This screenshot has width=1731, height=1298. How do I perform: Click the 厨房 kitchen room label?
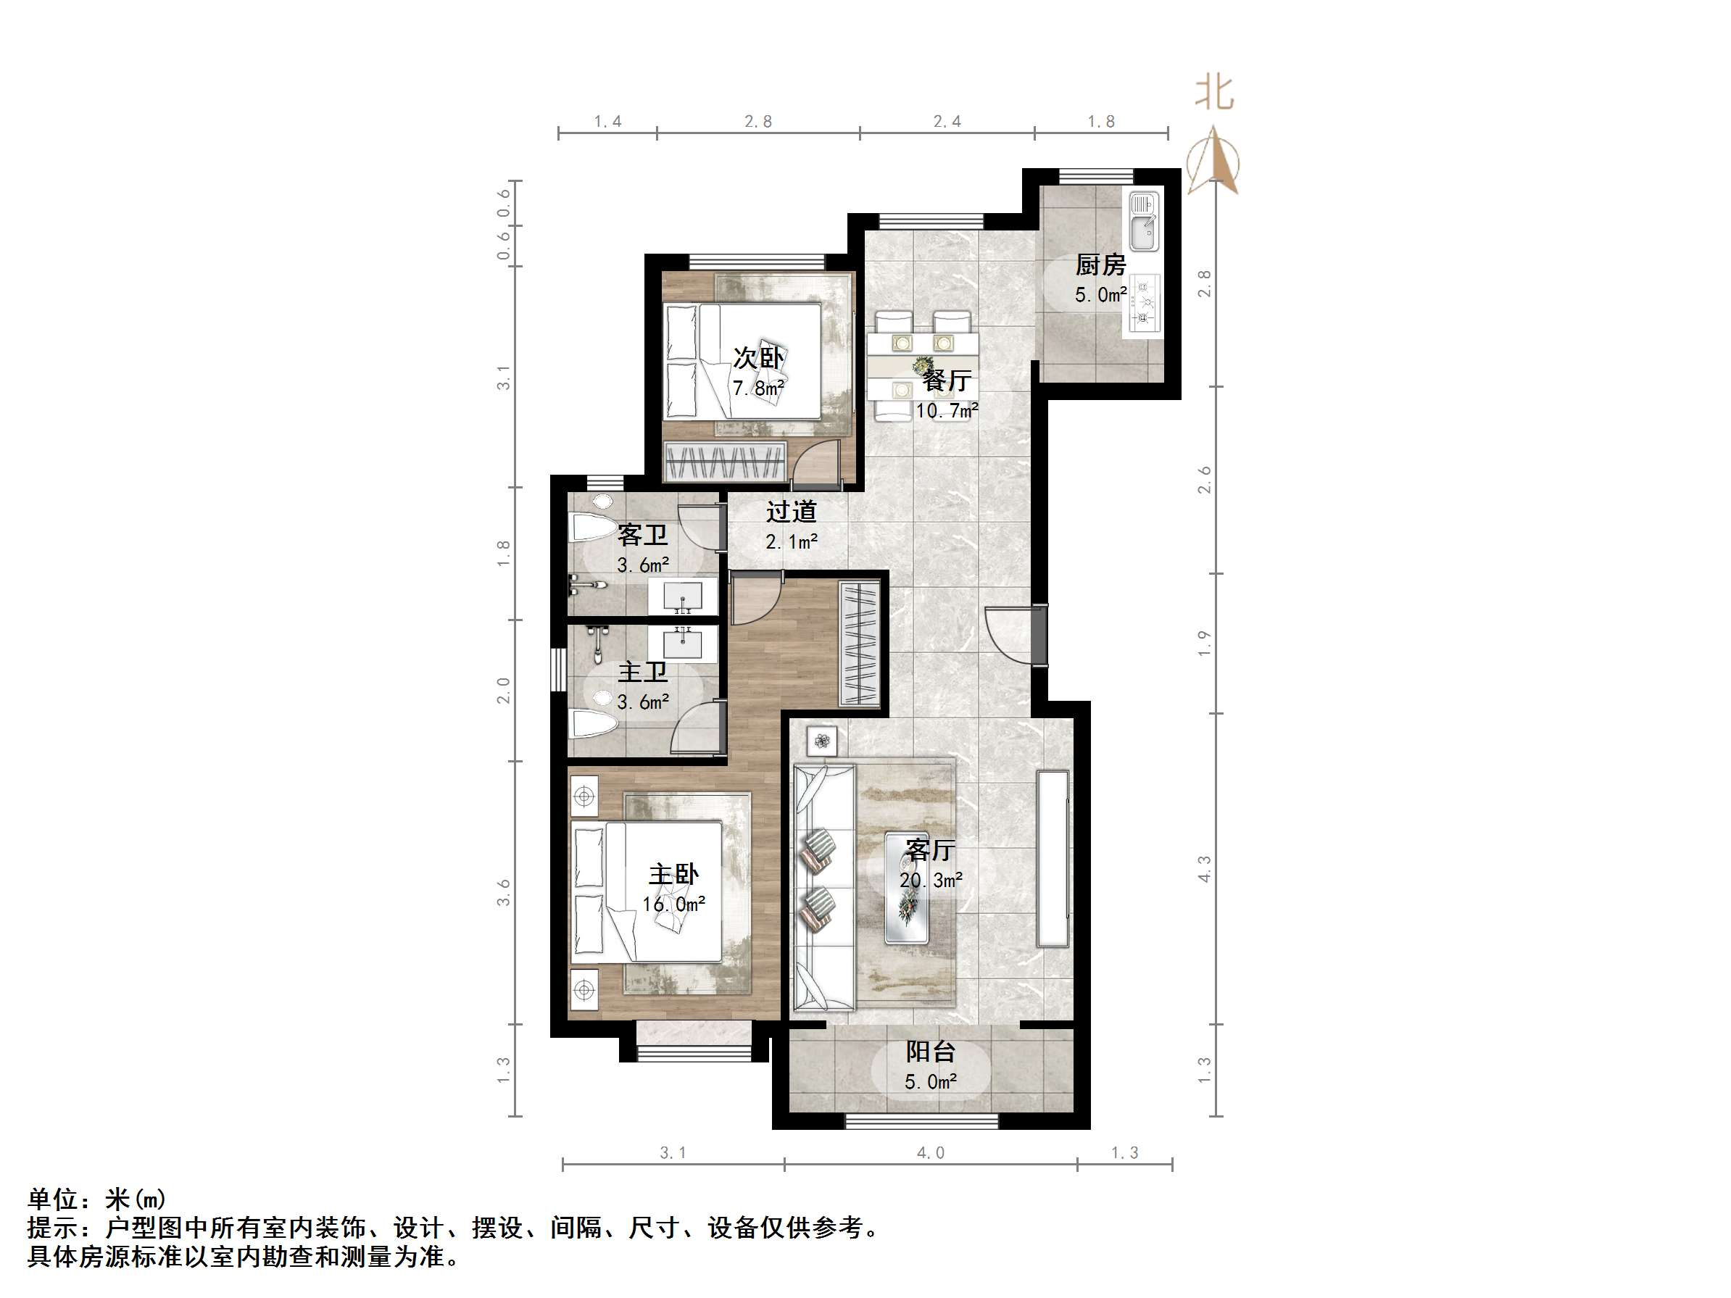(1100, 265)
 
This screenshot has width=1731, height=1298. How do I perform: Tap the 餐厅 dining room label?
(947, 381)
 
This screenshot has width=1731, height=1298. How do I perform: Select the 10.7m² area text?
(947, 411)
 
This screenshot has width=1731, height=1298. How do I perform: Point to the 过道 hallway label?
(791, 512)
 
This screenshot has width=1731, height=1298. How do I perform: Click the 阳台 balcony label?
(931, 1052)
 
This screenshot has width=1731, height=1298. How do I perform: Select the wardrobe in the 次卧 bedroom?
(724, 461)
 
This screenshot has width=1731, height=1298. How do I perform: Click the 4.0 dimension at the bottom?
(931, 1152)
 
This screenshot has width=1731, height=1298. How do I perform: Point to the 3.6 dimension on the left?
(504, 893)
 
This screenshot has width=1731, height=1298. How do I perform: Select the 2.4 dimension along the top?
(947, 121)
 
